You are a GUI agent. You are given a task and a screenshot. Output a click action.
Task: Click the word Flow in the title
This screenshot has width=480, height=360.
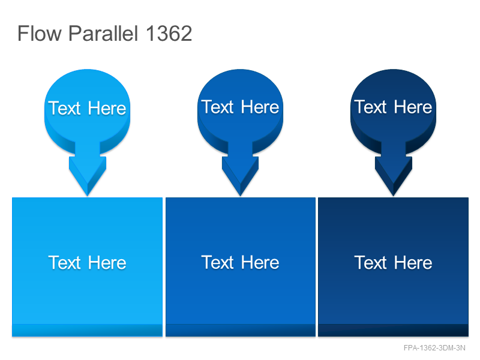coord(40,33)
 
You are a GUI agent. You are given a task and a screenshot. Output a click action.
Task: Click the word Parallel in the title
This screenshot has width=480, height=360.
coord(103,33)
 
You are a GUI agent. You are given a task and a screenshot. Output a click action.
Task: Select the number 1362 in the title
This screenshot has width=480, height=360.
coord(169,33)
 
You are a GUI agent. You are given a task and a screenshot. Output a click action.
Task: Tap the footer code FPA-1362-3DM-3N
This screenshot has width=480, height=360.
coord(434,348)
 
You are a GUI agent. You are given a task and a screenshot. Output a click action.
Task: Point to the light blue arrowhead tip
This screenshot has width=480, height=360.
coord(88,196)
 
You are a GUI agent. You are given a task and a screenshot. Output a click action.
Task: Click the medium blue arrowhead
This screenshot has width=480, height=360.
coord(241,176)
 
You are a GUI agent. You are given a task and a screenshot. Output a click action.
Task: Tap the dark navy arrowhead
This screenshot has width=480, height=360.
coord(394,176)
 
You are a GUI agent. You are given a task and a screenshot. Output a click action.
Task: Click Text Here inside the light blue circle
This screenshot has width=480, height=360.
coord(87,108)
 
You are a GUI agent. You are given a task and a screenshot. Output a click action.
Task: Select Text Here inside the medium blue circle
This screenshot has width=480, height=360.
coord(241,107)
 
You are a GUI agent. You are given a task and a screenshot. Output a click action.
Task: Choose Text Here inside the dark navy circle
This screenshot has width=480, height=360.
coord(394,107)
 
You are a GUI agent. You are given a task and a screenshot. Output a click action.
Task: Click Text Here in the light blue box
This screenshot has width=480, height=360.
coord(87,262)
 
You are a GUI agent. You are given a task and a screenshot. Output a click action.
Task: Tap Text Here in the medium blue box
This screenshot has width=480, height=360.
coord(241,262)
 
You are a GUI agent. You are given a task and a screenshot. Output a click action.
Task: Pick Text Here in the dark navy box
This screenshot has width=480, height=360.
coord(394,262)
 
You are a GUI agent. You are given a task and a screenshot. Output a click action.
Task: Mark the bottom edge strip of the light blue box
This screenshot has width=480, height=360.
coord(87,331)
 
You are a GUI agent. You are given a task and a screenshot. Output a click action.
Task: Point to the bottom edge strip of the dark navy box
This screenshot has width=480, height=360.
coord(394,331)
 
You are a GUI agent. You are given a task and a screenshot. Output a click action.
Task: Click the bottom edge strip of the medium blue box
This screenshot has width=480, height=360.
coord(241,331)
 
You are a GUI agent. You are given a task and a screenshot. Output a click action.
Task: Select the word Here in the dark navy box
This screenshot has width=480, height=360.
coord(413,262)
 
